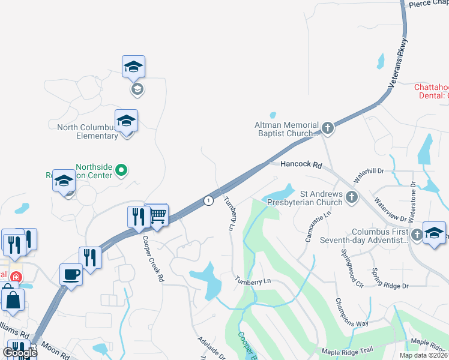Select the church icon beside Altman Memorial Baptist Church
point(327,127)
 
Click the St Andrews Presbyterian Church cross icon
point(352,197)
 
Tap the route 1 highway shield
point(208,200)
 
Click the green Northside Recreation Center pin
point(121,171)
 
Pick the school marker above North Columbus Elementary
point(126,121)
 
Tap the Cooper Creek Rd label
point(152,258)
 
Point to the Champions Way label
point(352,312)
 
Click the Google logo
point(19,353)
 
